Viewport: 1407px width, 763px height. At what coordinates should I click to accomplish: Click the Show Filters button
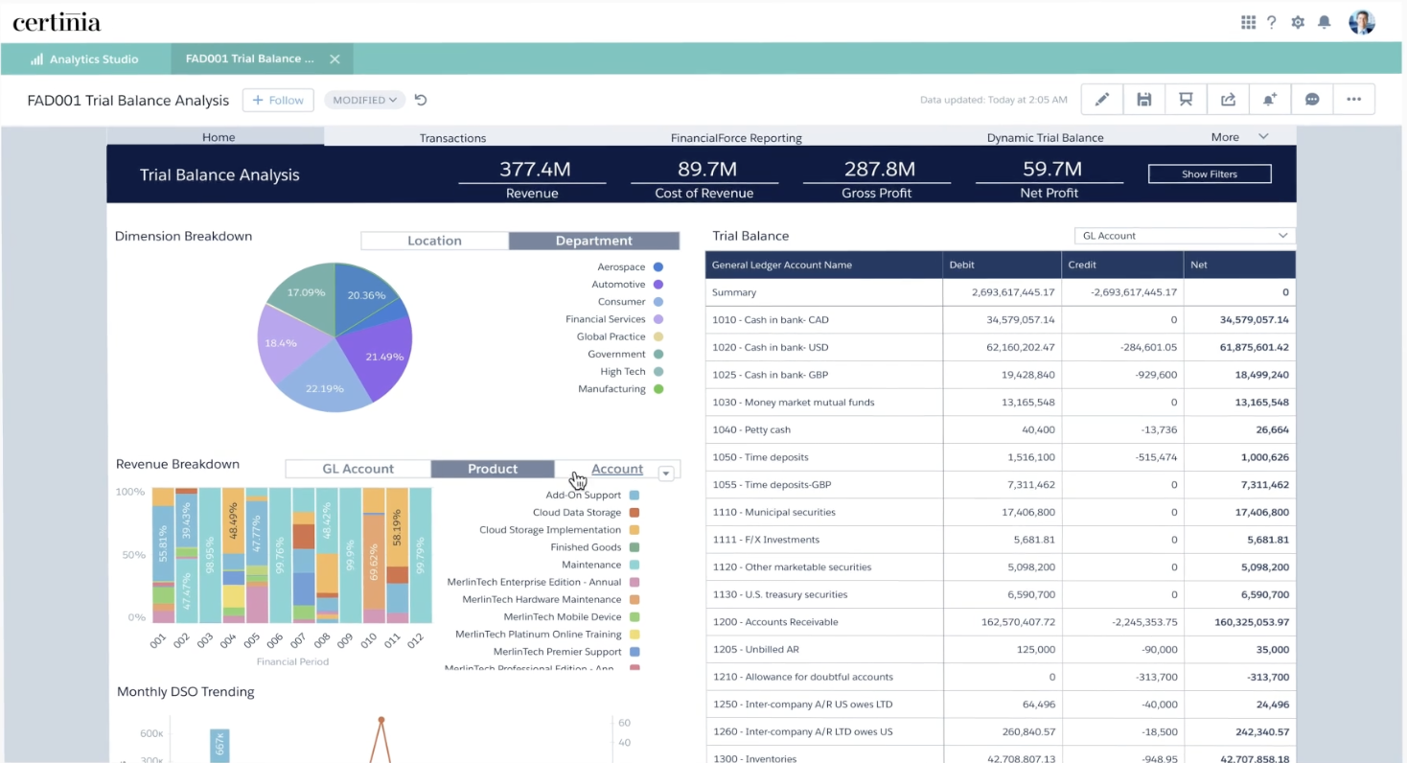[x=1209, y=174]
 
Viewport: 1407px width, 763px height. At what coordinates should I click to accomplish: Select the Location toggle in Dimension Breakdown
[x=434, y=241]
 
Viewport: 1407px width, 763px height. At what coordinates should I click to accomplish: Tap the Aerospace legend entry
[x=622, y=267]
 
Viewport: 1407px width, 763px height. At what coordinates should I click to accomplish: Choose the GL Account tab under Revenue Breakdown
[x=358, y=469]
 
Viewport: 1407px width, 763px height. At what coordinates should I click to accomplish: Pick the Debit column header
[x=961, y=265]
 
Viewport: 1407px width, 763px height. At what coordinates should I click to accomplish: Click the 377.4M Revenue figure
[x=534, y=170]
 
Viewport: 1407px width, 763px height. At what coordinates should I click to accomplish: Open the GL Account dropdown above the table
[x=1185, y=236]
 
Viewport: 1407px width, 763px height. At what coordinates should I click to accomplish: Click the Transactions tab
[x=452, y=138]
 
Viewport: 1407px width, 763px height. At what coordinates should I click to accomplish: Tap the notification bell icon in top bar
[x=1324, y=22]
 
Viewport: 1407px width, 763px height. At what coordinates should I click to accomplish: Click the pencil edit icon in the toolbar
[x=1102, y=100]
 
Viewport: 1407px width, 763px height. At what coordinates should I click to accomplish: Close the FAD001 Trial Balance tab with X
[x=334, y=59]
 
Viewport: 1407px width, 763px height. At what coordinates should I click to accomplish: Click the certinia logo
[x=57, y=22]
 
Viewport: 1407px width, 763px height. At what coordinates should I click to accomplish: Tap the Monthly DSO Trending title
[x=185, y=692]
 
